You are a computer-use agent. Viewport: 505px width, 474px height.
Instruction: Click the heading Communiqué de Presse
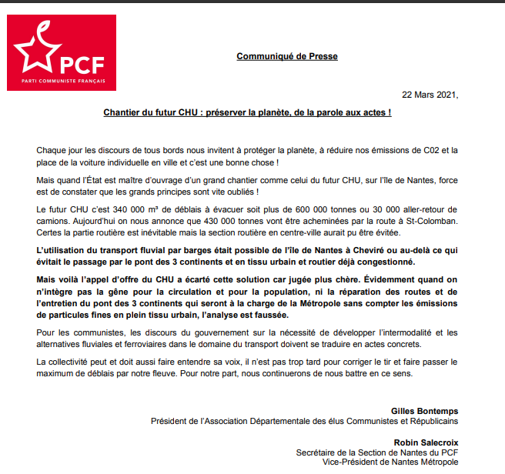click(x=286, y=56)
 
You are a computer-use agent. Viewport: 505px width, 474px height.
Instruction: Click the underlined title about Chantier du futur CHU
click(x=247, y=112)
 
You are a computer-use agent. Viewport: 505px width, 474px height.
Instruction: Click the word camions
click(x=52, y=222)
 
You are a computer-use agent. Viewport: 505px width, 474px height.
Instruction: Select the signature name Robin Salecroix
click(x=426, y=442)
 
